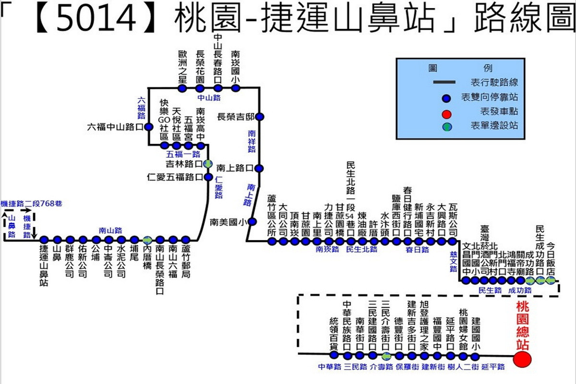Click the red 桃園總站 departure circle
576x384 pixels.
point(522,359)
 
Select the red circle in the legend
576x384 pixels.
point(446,114)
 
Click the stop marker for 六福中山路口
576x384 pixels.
point(149,127)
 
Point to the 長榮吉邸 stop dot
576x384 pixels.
point(259,117)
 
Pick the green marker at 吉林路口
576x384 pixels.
point(208,164)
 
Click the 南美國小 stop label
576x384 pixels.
point(227,222)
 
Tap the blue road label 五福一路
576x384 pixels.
point(183,155)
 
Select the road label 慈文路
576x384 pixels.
point(454,261)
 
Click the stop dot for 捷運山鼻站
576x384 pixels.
point(44,240)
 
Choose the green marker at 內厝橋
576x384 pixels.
point(147,240)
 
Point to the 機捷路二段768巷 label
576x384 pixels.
point(32,204)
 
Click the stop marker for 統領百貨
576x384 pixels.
point(335,355)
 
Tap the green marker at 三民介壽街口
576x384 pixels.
point(386,356)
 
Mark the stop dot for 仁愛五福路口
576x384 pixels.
point(208,177)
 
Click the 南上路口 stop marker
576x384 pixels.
point(259,168)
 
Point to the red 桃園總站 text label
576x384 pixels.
point(522,325)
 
